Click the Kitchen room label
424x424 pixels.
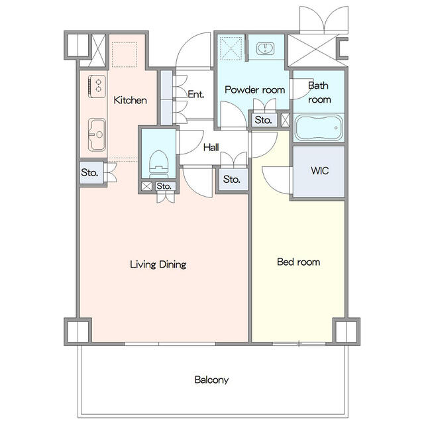click(x=130, y=100)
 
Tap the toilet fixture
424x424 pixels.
click(x=159, y=164)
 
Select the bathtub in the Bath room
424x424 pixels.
click(x=319, y=128)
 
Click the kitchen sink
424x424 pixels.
click(x=97, y=134)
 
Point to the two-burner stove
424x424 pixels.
click(x=97, y=86)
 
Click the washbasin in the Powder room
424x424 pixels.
click(x=265, y=48)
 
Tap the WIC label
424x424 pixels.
click(x=319, y=171)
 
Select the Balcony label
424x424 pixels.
click(x=211, y=380)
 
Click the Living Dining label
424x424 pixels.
click(x=158, y=264)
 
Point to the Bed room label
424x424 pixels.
click(x=299, y=262)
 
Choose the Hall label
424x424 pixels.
click(x=211, y=147)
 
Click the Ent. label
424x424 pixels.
click(x=196, y=94)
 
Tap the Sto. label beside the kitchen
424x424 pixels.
click(x=89, y=172)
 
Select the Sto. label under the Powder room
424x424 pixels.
click(x=263, y=120)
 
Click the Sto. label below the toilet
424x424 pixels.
click(x=164, y=186)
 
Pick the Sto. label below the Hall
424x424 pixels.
click(x=231, y=179)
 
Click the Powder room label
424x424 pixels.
click(x=254, y=90)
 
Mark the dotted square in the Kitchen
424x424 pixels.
click(x=125, y=54)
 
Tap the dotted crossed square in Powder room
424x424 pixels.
click(x=231, y=48)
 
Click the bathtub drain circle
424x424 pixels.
click(x=336, y=128)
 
